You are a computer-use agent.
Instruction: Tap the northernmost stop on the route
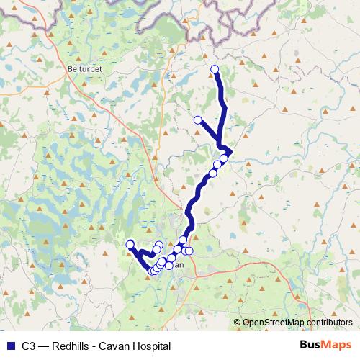point(215,69)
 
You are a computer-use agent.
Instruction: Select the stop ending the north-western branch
point(197,120)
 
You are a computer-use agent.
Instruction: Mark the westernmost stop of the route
point(130,245)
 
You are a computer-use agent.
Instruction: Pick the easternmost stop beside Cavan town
point(189,251)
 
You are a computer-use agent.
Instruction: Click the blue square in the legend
point(10,346)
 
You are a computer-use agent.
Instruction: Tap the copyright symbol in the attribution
point(237,323)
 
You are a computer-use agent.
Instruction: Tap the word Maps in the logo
point(336,346)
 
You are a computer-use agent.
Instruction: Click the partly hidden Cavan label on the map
point(179,264)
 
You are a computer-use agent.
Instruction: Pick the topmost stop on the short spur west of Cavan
point(159,245)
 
